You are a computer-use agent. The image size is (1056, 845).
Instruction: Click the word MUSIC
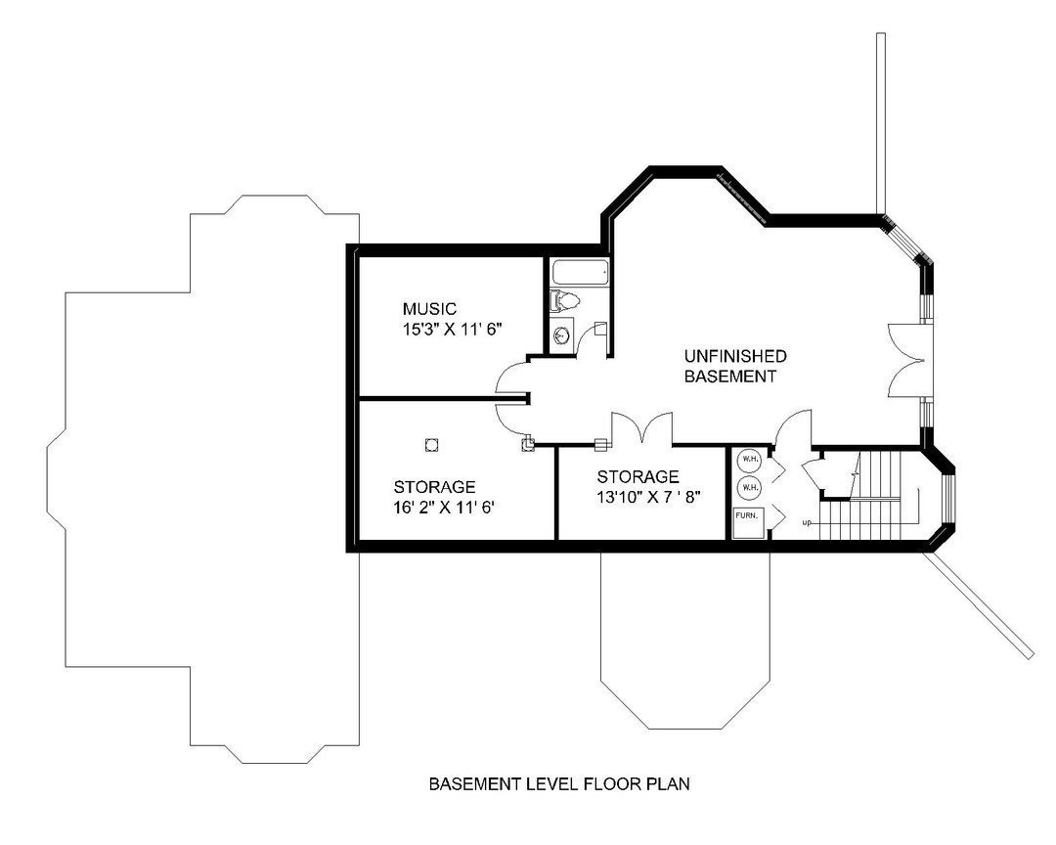click(x=429, y=309)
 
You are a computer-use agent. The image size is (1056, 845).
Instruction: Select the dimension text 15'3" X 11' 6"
click(x=452, y=330)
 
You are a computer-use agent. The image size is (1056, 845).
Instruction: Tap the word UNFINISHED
click(x=734, y=356)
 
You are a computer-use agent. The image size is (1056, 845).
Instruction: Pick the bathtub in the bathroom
click(x=579, y=272)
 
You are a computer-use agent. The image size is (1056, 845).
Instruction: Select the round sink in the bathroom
click(x=561, y=335)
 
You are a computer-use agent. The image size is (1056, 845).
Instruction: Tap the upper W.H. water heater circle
click(x=748, y=459)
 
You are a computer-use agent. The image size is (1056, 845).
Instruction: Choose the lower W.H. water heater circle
click(x=748, y=485)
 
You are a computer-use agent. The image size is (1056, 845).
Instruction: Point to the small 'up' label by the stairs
click(x=807, y=521)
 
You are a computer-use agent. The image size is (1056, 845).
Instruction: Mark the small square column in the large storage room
click(x=430, y=445)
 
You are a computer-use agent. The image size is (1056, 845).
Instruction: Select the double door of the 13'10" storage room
click(x=641, y=428)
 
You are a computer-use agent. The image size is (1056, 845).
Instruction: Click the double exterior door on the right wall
click(x=908, y=361)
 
